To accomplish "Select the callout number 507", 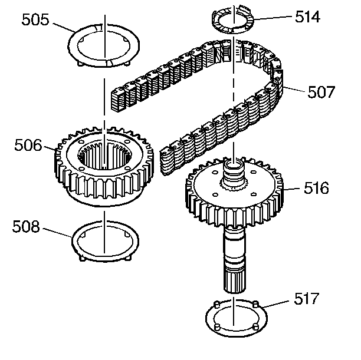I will click(x=321, y=92).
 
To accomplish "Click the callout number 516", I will click(x=317, y=189).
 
